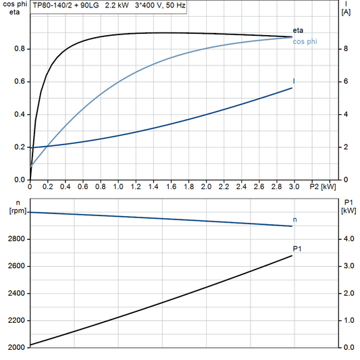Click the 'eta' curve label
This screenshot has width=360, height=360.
tap(298, 30)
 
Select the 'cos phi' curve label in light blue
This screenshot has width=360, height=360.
tap(305, 42)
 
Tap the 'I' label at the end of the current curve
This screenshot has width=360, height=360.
tap(294, 81)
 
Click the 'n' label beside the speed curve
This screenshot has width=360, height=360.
tap(295, 220)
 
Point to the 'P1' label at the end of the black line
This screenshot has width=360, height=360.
tap(297, 249)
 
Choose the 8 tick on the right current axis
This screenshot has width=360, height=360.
tap(345, 49)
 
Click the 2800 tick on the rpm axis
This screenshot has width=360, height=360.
tap(16, 239)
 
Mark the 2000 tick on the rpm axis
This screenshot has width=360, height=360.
tap(16, 347)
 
